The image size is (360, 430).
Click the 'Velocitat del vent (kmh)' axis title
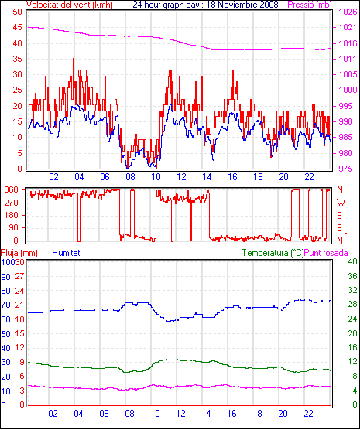(69, 5)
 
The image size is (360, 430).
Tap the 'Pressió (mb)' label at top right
(310, 5)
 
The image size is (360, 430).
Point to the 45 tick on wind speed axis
(17, 27)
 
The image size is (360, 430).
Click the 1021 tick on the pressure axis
(348, 27)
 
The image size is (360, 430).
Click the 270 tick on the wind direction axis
(12, 203)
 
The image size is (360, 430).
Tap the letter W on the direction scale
(341, 203)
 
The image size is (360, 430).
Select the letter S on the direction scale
(339, 216)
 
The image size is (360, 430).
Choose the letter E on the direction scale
(339, 228)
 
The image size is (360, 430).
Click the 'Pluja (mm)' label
(19, 253)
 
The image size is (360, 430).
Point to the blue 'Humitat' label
(66, 253)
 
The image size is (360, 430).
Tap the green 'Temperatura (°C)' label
(273, 253)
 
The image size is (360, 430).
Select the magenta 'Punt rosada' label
(326, 253)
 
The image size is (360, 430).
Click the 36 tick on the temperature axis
(352, 276)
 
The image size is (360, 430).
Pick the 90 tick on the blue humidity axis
(5, 277)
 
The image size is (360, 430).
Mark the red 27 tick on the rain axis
(20, 276)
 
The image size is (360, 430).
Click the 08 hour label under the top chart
(130, 177)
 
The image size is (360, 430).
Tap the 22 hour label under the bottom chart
(308, 413)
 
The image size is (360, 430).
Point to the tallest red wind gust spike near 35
(74, 59)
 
